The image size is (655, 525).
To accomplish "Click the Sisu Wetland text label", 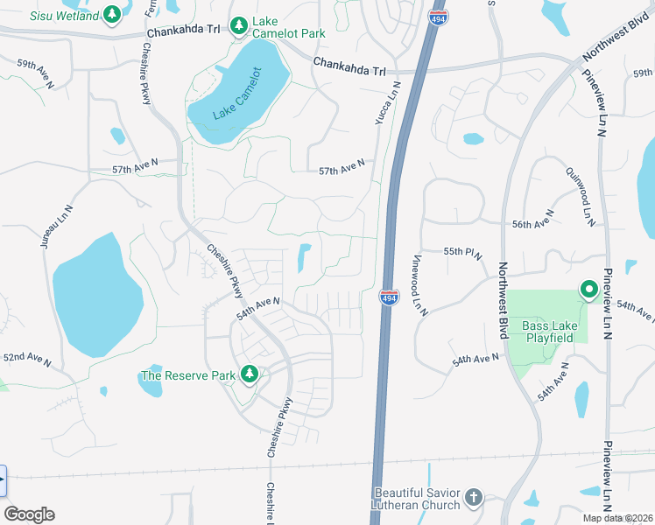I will (64, 16).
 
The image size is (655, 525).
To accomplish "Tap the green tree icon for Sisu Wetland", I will (112, 15).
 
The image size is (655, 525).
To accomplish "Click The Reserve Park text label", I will (188, 376).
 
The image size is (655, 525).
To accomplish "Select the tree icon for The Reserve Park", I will (250, 374).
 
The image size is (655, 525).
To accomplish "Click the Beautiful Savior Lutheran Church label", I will (417, 499).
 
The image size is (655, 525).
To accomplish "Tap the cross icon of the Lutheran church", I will (473, 498).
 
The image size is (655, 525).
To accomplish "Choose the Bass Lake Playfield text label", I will (548, 332).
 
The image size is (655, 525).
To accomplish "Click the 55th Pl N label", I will (463, 252).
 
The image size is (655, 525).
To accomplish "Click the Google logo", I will (29, 514).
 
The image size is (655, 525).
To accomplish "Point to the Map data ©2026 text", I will (618, 518).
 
